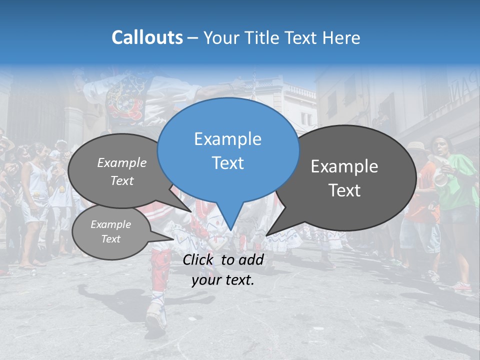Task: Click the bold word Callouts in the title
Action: pos(147,37)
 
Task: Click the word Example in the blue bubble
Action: pos(227,139)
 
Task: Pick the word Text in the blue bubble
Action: pos(227,163)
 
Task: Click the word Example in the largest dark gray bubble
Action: pos(344,166)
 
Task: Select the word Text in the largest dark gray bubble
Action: pos(344,190)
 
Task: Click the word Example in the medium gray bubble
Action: pos(122,162)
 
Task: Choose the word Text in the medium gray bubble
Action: pos(122,180)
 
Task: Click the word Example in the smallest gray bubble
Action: pos(110,224)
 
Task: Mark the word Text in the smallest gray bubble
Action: pos(110,239)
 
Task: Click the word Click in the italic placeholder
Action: pos(198,259)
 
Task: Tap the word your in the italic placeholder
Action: pos(205,280)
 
